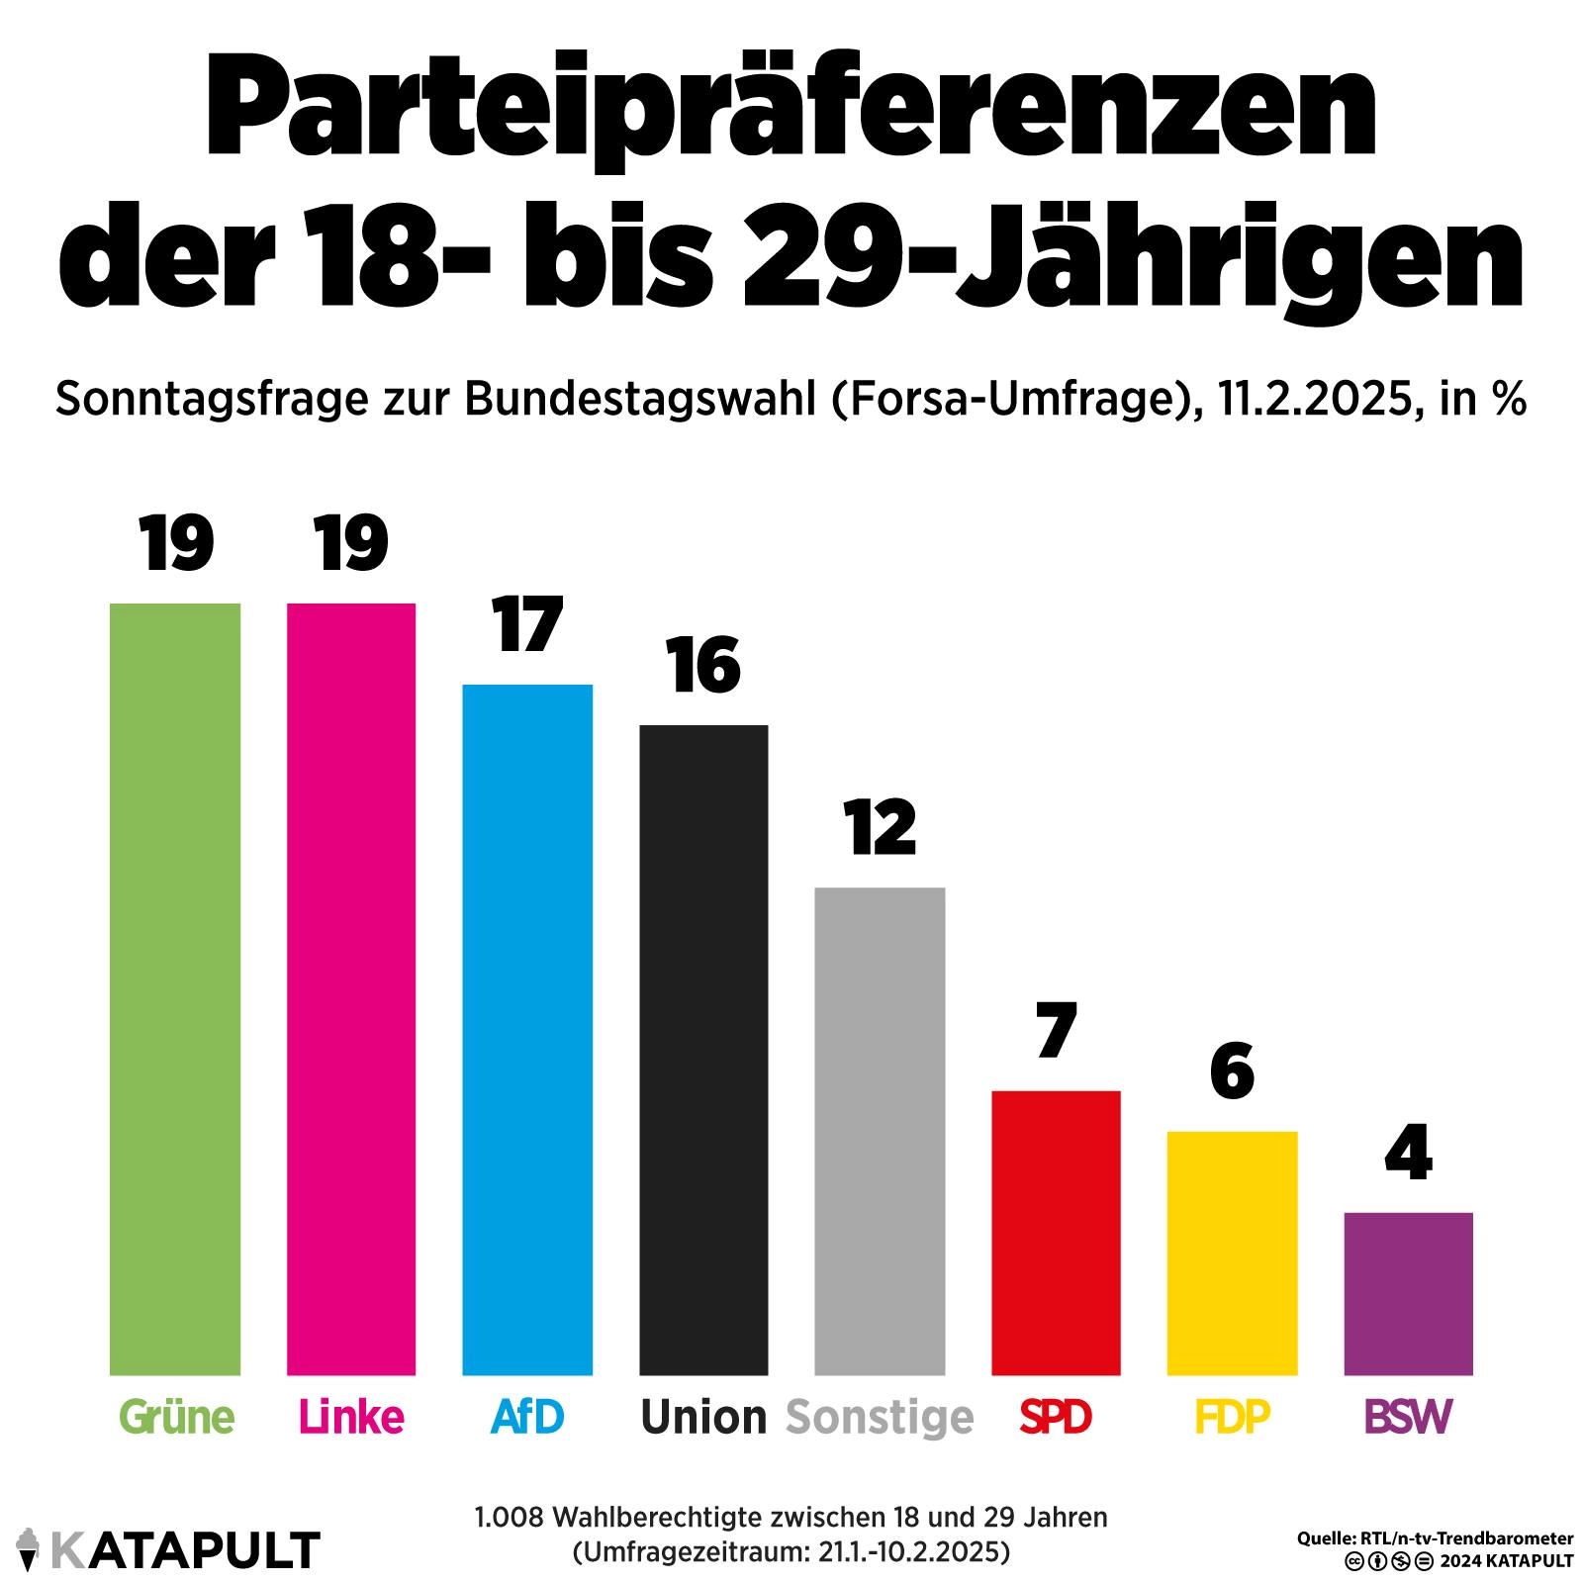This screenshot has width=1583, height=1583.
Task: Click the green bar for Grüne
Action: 175,988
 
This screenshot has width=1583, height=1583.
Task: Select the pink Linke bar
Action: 351,988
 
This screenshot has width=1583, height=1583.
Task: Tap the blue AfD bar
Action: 527,1029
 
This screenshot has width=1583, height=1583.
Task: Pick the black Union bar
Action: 703,1050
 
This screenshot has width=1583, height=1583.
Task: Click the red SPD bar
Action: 1056,1233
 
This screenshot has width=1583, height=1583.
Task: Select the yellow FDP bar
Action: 1232,1253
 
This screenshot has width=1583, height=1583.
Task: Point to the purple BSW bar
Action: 1408,1293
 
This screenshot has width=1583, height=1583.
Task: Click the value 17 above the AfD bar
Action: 527,625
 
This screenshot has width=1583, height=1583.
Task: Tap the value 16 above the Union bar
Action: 703,666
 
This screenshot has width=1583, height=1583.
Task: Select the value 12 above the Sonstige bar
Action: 880,828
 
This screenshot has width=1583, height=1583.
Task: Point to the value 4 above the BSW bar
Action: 1408,1153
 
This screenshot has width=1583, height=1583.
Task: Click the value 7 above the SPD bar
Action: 1056,1031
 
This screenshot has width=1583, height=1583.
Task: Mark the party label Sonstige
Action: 880,1417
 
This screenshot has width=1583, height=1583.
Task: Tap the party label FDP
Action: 1232,1417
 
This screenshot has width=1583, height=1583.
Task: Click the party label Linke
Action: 351,1417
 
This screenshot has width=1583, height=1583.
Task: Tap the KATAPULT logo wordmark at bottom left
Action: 185,1549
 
